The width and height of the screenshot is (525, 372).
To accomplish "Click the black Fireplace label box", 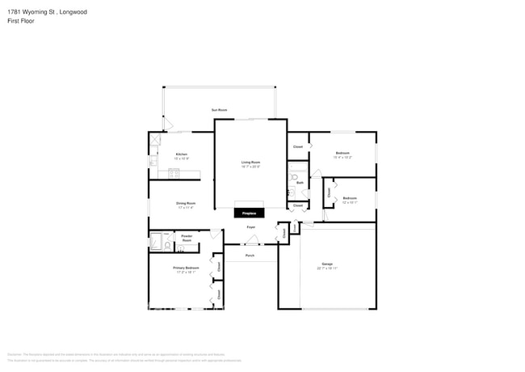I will (250, 213).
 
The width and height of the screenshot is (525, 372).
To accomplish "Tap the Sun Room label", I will (219, 109).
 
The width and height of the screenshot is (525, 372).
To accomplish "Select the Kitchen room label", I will (182, 155).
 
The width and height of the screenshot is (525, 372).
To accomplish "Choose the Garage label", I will (327, 264).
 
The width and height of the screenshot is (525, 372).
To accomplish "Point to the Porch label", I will (250, 256).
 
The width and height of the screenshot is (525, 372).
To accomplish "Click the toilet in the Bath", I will (294, 176).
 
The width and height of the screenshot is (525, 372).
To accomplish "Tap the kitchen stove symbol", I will (173, 172).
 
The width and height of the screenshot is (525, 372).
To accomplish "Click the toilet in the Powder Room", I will (167, 245).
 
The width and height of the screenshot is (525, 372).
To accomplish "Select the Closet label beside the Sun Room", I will (298, 146).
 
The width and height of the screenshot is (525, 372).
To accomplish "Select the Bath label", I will (300, 184).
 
